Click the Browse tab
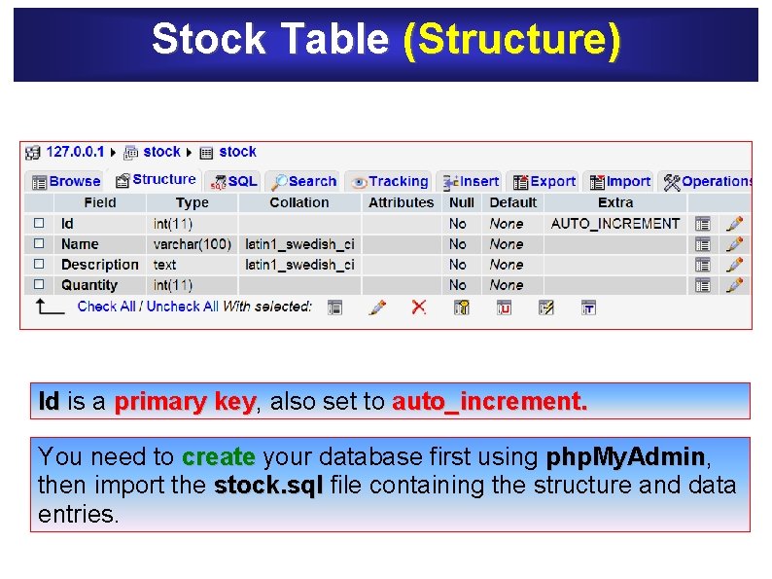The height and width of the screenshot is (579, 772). click(x=66, y=181)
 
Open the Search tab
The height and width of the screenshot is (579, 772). click(x=304, y=181)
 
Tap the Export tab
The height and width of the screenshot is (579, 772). click(x=544, y=181)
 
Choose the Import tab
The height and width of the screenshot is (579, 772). click(x=620, y=181)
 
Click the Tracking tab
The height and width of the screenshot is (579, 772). click(x=390, y=181)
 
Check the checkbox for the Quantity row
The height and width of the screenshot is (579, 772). click(x=39, y=285)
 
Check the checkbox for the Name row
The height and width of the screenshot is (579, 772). click(x=39, y=244)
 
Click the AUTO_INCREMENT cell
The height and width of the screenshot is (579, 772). click(x=615, y=224)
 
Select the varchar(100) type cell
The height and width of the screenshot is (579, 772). click(x=193, y=244)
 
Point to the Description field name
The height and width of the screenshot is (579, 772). click(x=99, y=265)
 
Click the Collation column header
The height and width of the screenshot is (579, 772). click(x=299, y=202)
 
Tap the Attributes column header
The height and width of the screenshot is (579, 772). click(x=401, y=202)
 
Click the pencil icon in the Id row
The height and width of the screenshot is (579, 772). click(x=735, y=224)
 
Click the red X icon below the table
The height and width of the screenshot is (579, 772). click(x=418, y=307)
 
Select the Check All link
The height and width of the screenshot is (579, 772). click(x=106, y=307)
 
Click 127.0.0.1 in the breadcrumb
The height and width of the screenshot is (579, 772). click(x=75, y=152)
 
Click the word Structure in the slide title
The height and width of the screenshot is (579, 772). click(x=511, y=40)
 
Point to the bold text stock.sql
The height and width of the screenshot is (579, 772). click(x=268, y=485)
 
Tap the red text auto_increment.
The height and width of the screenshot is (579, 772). click(x=489, y=402)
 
